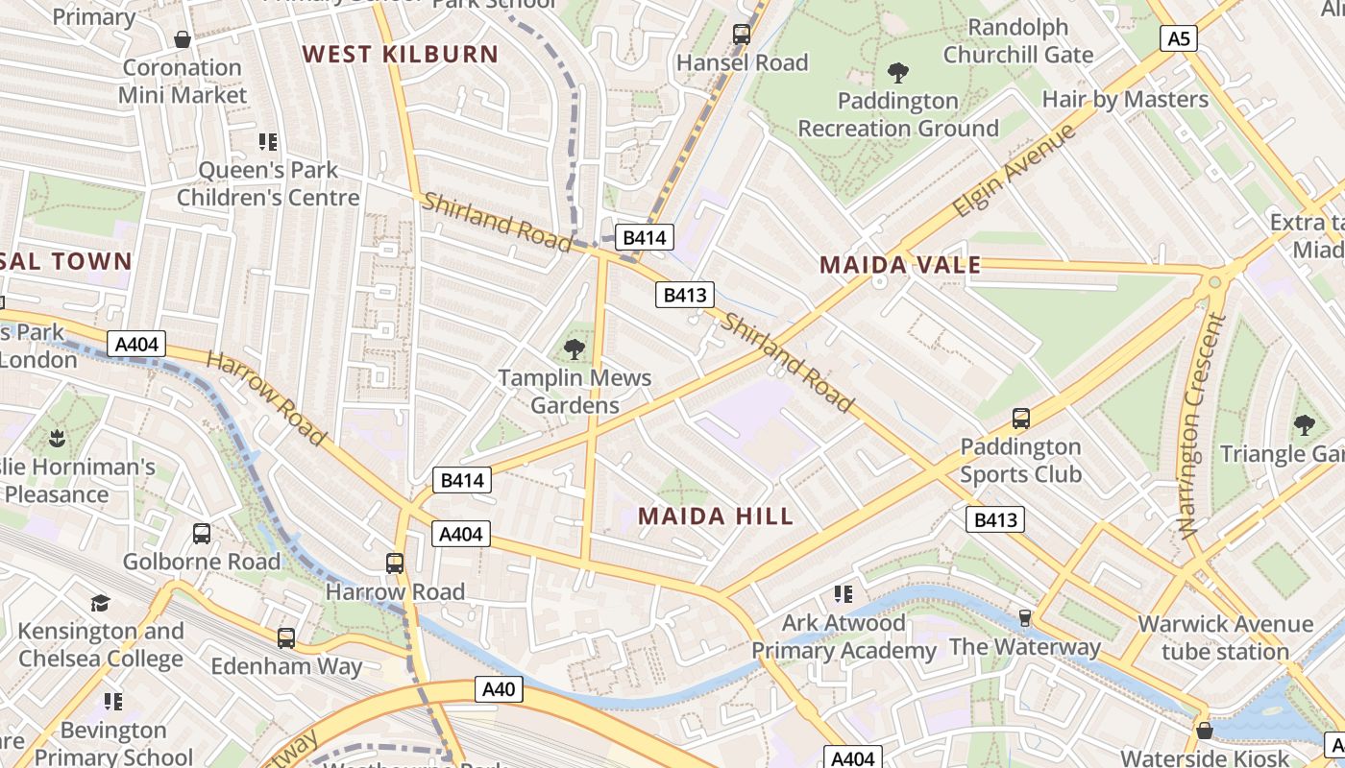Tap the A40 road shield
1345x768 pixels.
click(x=499, y=688)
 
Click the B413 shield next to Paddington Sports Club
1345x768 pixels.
click(x=994, y=519)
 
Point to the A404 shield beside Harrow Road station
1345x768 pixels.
click(x=460, y=534)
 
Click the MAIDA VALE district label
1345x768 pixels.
click(x=900, y=265)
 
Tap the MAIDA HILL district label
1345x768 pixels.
click(x=716, y=516)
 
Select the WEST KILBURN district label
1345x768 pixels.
click(x=401, y=54)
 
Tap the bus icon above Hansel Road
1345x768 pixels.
click(x=742, y=35)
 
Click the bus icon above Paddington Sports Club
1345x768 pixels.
click(x=1020, y=419)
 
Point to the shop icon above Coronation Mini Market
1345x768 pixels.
click(x=183, y=39)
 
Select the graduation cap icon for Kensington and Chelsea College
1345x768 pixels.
click(x=100, y=603)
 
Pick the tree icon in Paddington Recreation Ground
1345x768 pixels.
click(x=898, y=72)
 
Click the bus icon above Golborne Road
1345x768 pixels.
click(x=202, y=534)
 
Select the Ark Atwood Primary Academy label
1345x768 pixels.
click(x=843, y=636)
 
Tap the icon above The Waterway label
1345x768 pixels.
click(x=1025, y=617)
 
